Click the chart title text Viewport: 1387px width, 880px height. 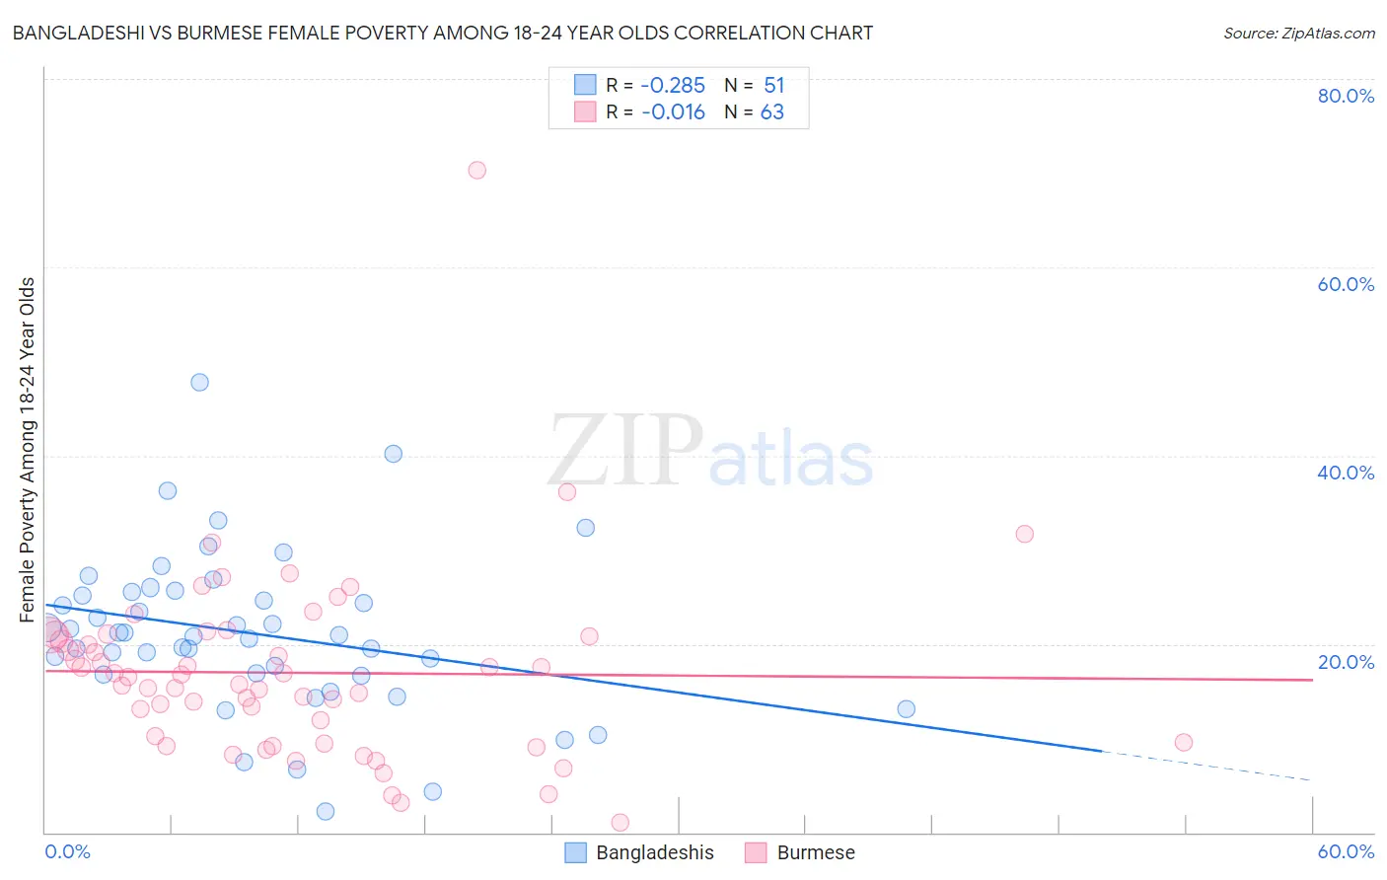[442, 33]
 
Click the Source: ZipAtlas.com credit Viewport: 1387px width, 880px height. [1298, 33]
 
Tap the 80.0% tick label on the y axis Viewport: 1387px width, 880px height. [1346, 96]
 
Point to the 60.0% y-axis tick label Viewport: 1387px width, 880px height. [1346, 284]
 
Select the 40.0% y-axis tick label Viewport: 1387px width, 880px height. [1346, 473]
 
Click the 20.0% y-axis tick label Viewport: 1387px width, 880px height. [1346, 662]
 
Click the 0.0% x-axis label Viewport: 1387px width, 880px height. [68, 851]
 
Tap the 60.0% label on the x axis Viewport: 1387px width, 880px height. [1346, 851]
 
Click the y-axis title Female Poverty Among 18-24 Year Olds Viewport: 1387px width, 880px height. [28, 450]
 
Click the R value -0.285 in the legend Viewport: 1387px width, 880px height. [673, 86]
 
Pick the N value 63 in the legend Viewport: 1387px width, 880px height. [771, 112]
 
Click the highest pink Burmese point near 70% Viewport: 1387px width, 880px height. [476, 170]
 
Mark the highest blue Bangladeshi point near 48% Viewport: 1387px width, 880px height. [199, 382]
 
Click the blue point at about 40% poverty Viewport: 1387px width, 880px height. [393, 454]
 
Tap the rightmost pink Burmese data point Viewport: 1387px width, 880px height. [1183, 742]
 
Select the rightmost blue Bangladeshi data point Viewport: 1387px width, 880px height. [906, 708]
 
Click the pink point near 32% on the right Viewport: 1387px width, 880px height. [1024, 534]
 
